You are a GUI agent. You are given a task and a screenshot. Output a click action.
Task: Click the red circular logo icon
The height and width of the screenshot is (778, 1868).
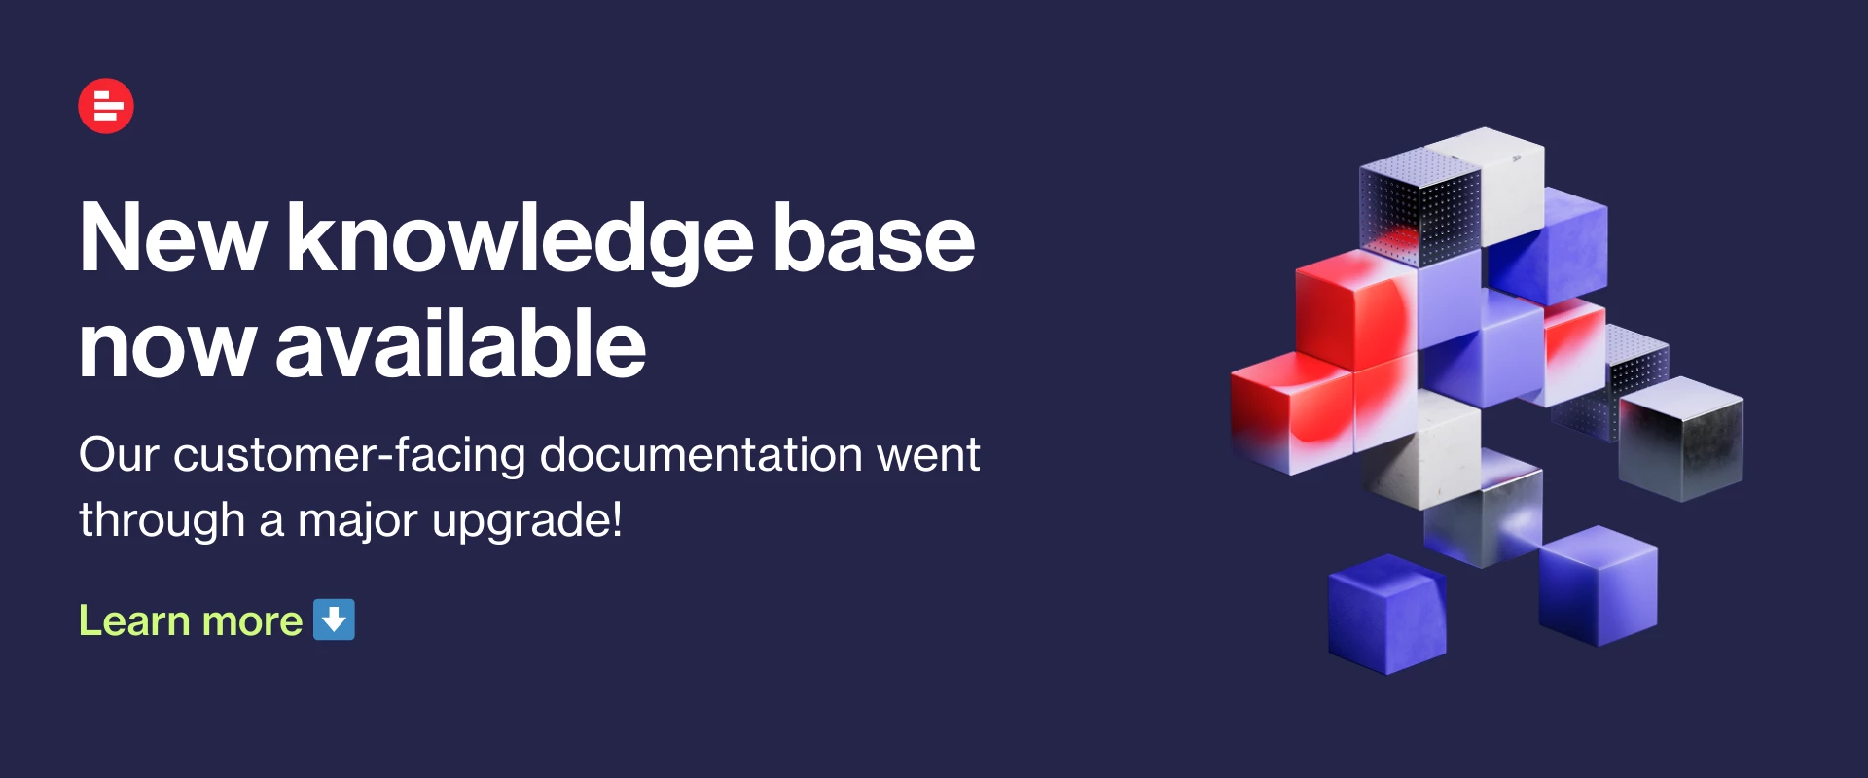(x=106, y=106)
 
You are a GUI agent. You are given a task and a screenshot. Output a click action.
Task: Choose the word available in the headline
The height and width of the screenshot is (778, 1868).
(x=461, y=341)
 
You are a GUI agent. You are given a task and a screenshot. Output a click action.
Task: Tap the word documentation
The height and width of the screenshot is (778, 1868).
(x=700, y=454)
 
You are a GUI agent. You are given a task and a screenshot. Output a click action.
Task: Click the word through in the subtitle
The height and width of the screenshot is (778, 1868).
(x=162, y=520)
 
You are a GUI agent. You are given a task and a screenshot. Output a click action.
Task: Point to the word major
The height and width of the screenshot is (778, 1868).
(x=357, y=521)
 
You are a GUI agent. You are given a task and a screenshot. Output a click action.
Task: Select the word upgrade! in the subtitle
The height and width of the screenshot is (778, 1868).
(x=526, y=520)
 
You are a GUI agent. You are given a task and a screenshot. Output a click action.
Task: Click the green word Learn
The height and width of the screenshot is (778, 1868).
(x=134, y=620)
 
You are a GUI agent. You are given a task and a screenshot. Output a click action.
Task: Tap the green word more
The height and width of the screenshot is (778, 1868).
(x=252, y=622)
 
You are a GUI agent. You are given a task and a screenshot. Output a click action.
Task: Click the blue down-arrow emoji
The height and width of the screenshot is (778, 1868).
(x=334, y=619)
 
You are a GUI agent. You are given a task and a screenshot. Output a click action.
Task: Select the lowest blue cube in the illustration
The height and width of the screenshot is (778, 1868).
(x=1387, y=615)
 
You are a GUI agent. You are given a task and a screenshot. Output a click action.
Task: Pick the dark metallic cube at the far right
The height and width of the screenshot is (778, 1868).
(x=1680, y=440)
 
